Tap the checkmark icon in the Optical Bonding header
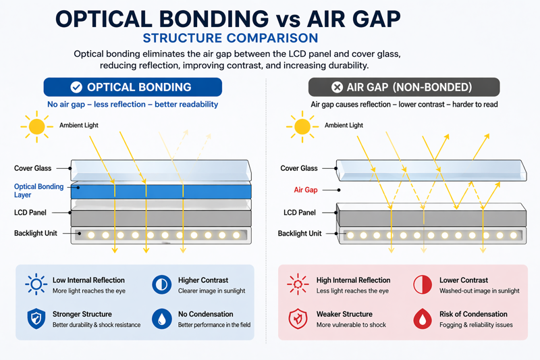click(77, 87)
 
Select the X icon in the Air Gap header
click(337, 87)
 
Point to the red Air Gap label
click(306, 190)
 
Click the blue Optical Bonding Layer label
click(38, 191)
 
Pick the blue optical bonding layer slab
click(161, 191)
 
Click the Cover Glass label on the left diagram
click(33, 168)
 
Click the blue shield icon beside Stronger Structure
click(35, 319)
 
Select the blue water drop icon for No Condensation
click(162, 319)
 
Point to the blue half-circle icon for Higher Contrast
click(162, 284)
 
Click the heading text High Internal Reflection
click(353, 280)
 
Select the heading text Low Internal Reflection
click(88, 280)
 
